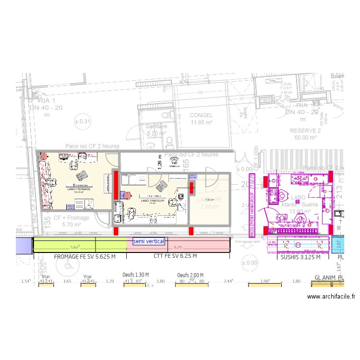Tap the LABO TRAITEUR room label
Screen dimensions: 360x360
153,201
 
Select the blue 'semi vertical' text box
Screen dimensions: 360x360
149,241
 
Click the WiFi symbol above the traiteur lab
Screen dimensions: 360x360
174,162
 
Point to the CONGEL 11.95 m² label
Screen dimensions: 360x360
201,119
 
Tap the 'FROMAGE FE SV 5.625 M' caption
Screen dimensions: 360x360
85,257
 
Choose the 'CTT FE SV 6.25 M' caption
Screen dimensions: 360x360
176,257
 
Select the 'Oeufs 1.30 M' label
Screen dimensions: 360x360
136,275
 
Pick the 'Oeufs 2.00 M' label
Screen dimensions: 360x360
190,275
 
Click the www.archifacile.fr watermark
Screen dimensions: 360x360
331,297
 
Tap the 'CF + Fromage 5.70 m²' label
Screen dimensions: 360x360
71,221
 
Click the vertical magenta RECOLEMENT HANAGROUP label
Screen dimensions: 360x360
252,205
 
